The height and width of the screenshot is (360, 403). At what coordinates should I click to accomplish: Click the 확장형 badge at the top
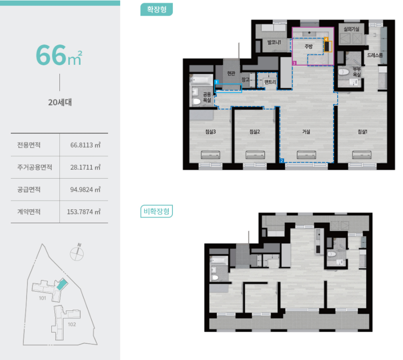tap(157, 9)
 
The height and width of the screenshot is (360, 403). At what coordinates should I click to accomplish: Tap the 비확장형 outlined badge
tap(157, 211)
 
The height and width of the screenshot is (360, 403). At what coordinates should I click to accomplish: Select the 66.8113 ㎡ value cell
tap(86, 145)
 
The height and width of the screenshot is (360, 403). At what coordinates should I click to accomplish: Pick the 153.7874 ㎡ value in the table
tap(84, 212)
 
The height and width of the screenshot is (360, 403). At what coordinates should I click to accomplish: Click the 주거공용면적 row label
tap(35, 167)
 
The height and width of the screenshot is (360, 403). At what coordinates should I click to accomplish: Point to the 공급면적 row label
tap(29, 189)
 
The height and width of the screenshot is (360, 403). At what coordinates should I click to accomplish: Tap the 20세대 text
tap(60, 103)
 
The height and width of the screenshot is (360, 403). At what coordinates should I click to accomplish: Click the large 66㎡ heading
tap(59, 55)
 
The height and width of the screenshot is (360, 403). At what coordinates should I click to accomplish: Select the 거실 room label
tap(306, 132)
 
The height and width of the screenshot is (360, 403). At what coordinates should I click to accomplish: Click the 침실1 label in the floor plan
tap(362, 132)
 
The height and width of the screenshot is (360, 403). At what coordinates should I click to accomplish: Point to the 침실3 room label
tap(210, 132)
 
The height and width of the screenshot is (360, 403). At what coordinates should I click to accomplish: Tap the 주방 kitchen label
tap(308, 46)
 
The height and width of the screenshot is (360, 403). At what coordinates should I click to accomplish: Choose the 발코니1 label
tap(274, 42)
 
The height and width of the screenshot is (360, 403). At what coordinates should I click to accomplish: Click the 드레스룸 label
tap(375, 55)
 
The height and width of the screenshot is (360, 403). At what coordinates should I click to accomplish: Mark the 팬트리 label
tap(270, 82)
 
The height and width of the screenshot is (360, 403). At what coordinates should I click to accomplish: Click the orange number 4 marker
tap(326, 39)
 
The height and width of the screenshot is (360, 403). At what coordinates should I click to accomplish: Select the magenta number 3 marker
tap(294, 63)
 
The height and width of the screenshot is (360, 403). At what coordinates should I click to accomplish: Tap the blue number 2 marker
tap(282, 161)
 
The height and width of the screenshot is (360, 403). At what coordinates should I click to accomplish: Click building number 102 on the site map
tap(72, 324)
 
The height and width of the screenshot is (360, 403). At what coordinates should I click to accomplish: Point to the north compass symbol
tap(77, 252)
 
